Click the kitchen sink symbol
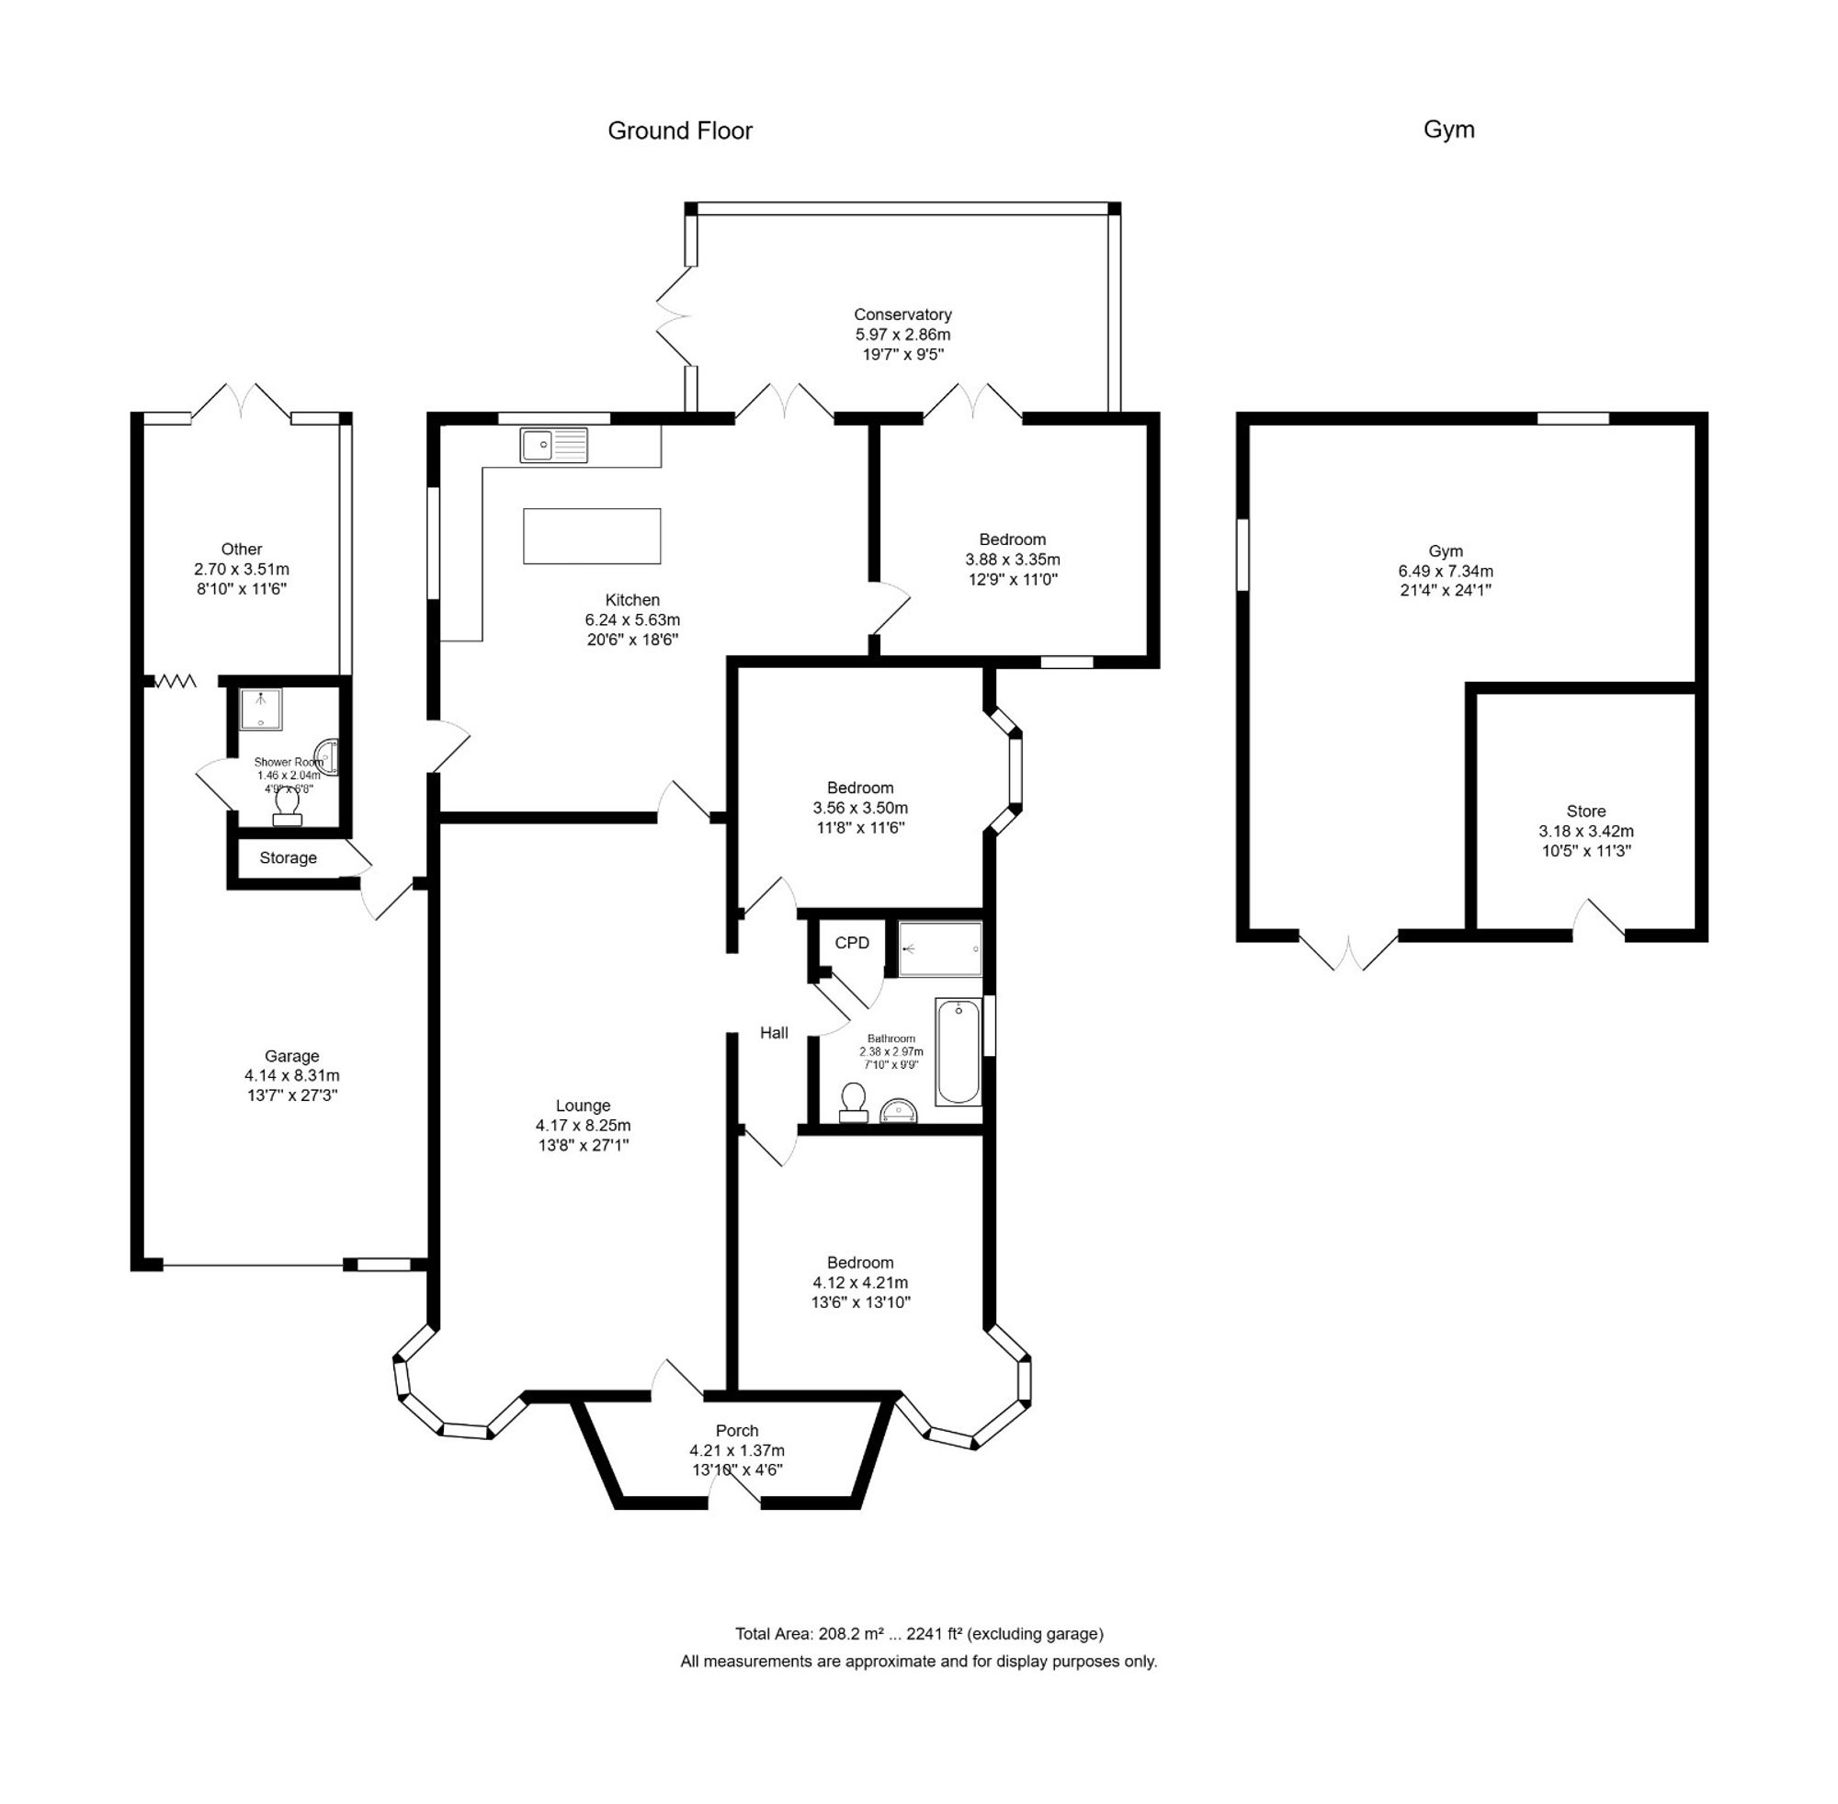pyautogui.click(x=553, y=445)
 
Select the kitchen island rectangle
pyautogui.click(x=591, y=536)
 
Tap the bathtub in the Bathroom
pyautogui.click(x=958, y=1051)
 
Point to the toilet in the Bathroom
pyautogui.click(x=853, y=1102)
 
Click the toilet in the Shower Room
pyautogui.click(x=287, y=806)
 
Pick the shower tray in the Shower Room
pyautogui.click(x=261, y=709)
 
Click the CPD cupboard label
pyautogui.click(x=851, y=943)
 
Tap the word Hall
pyautogui.click(x=773, y=1033)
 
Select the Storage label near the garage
pyautogui.click(x=288, y=857)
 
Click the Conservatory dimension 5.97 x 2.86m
pyautogui.click(x=902, y=335)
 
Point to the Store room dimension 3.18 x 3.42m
pyautogui.click(x=1585, y=831)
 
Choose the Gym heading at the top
pyautogui.click(x=1447, y=130)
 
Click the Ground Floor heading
pyautogui.click(x=679, y=130)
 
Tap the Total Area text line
pyautogui.click(x=918, y=1633)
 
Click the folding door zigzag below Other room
pyautogui.click(x=176, y=680)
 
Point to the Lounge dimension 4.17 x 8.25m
pyautogui.click(x=582, y=1126)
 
